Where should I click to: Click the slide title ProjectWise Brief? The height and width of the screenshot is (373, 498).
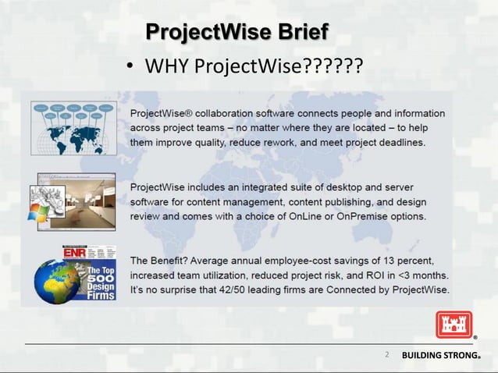tap(237, 33)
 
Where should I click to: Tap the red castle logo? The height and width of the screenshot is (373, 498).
tap(454, 324)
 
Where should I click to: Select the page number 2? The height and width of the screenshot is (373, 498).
tap(386, 355)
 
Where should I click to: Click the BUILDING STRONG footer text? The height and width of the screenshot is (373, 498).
tap(440, 356)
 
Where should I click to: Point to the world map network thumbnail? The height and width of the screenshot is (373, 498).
tap(74, 130)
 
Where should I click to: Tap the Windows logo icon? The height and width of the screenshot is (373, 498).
tap(38, 212)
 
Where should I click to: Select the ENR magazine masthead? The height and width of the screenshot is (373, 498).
tap(78, 254)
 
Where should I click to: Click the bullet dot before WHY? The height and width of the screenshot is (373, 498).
tap(132, 68)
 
